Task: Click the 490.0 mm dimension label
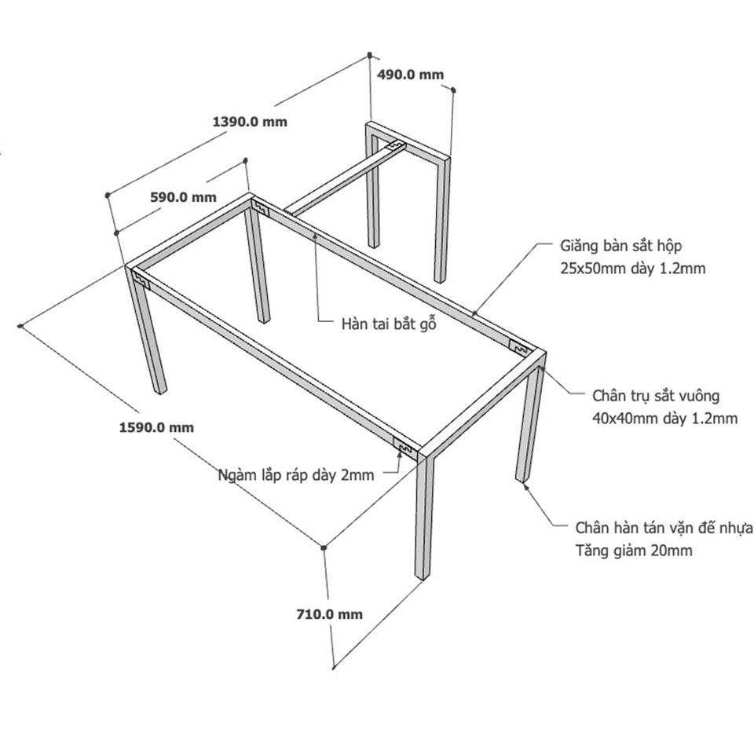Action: click(410, 75)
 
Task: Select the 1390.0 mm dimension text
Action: click(250, 122)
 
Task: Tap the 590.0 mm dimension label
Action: click(183, 197)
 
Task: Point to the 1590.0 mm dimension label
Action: click(157, 427)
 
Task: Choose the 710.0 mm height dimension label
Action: click(329, 614)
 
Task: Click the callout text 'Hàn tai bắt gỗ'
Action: click(389, 324)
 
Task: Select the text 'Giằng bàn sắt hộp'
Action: click(620, 246)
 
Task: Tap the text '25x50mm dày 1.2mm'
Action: click(633, 269)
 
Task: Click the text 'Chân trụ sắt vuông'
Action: click(656, 396)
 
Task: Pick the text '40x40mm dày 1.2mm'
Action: click(664, 419)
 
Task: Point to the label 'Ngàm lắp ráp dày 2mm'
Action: click(296, 475)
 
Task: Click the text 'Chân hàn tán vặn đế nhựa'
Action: click(664, 528)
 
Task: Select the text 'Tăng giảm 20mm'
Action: click(634, 550)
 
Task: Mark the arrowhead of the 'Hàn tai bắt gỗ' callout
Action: click(315, 235)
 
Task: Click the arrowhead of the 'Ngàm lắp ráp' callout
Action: click(400, 451)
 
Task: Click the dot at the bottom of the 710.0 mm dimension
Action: click(333, 667)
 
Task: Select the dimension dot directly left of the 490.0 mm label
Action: click(370, 55)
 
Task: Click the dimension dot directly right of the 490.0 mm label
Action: click(453, 90)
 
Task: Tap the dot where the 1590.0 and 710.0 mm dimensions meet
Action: click(324, 547)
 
